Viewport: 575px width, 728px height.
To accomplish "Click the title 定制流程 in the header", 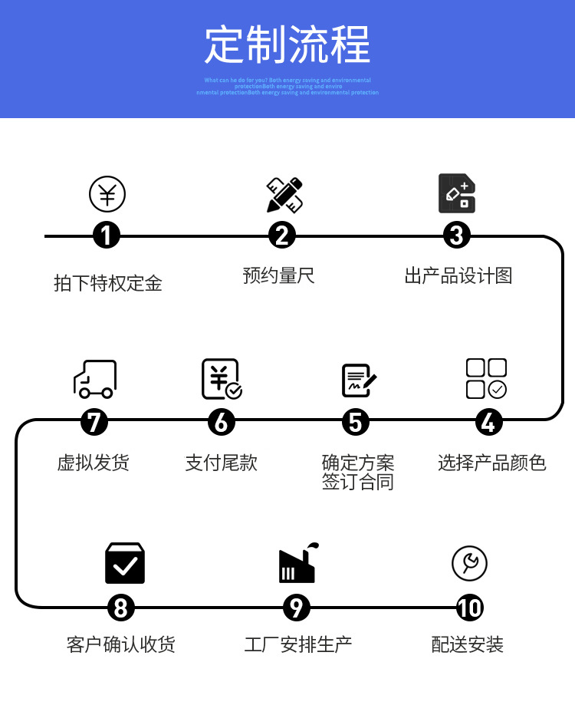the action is pyautogui.click(x=287, y=44).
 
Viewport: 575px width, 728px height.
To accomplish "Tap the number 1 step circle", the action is pyautogui.click(x=107, y=235).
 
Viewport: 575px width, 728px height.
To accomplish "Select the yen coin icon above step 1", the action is pyautogui.click(x=107, y=194).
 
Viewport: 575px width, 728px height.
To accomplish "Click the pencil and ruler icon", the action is pyautogui.click(x=284, y=195).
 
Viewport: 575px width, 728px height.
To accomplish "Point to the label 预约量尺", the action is pyautogui.click(x=279, y=275).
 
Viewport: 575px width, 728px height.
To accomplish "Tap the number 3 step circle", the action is pyautogui.click(x=457, y=235).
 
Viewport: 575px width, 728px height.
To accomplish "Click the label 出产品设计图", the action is pyautogui.click(x=458, y=275).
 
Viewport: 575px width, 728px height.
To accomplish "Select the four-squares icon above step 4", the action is pyautogui.click(x=486, y=379).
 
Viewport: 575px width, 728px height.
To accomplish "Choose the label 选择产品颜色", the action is pyautogui.click(x=491, y=463).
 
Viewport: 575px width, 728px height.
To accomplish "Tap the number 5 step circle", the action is pyautogui.click(x=355, y=421).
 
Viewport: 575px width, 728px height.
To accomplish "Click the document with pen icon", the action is pyautogui.click(x=358, y=380).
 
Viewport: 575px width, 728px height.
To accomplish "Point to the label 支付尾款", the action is pyautogui.click(x=222, y=463).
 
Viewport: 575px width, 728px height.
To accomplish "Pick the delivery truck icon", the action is pyautogui.click(x=95, y=379).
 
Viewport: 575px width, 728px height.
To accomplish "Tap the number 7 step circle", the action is pyautogui.click(x=94, y=421).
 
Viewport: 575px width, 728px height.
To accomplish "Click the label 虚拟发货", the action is pyautogui.click(x=94, y=463).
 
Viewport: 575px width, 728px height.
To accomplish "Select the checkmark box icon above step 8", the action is pyautogui.click(x=125, y=563).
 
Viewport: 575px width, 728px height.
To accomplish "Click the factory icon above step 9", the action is pyautogui.click(x=297, y=563).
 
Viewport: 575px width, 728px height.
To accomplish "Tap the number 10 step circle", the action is pyautogui.click(x=469, y=608).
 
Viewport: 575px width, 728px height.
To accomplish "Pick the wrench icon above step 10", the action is pyautogui.click(x=469, y=564).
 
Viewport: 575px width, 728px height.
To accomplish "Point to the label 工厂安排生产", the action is pyautogui.click(x=298, y=644).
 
